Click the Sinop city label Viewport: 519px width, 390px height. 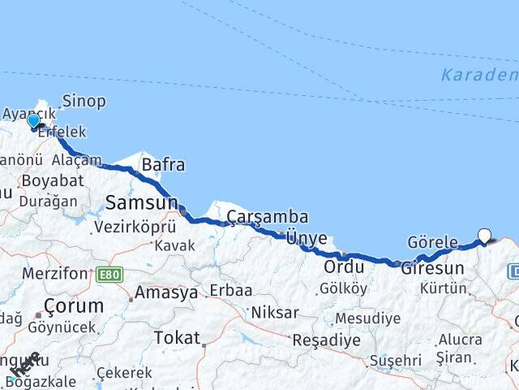(84, 101)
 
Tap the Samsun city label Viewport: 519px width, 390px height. (141, 203)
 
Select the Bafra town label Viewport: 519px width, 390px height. (163, 165)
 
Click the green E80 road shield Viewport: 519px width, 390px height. (109, 275)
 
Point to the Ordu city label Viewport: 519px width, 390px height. (342, 266)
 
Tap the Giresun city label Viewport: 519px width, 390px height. (433, 268)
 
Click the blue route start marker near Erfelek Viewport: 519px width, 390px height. (33, 121)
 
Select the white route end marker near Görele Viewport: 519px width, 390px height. (485, 236)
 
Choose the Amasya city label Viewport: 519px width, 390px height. (166, 292)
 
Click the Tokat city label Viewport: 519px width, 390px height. (177, 337)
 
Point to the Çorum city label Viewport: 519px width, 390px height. (74, 306)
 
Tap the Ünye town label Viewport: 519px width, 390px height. (307, 238)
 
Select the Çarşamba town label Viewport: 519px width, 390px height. (268, 217)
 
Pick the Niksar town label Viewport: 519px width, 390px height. (275, 313)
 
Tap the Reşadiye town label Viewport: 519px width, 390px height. (326, 340)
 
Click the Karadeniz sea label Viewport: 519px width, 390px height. (478, 76)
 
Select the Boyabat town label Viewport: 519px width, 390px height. (53, 180)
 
